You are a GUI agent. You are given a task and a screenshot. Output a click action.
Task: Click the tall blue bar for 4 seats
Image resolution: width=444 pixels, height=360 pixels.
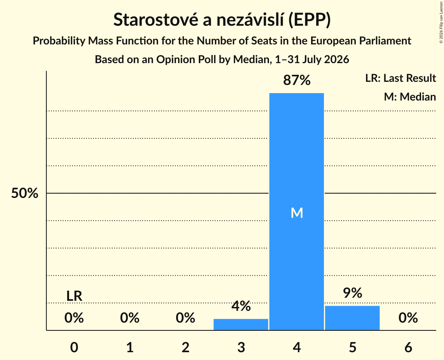point(297,212)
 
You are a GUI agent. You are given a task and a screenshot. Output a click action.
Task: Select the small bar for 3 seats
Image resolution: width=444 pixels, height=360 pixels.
point(241,325)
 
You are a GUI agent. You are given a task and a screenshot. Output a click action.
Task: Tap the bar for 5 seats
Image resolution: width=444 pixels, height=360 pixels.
point(352,318)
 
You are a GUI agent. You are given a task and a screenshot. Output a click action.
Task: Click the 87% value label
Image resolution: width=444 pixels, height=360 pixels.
point(297,80)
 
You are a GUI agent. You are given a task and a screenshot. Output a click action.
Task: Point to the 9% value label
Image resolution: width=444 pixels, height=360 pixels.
point(352,293)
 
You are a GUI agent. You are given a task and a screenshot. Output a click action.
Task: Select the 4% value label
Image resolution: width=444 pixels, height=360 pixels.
point(241,306)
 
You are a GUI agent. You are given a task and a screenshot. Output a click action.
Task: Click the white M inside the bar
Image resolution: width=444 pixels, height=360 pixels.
point(297,213)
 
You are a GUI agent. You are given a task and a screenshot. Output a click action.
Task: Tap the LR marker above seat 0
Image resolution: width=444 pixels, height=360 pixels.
point(74,296)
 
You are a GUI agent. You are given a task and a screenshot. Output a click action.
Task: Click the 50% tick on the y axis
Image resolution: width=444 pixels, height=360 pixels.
point(25,193)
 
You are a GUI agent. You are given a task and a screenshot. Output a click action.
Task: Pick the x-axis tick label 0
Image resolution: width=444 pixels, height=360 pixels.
point(74,347)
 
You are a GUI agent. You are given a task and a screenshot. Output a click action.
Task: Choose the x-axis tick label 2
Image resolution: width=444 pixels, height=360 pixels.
point(186,347)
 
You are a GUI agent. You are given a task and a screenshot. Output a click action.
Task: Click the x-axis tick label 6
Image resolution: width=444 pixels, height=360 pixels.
point(408,347)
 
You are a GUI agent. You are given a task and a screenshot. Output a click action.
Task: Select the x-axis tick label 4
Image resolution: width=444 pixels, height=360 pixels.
point(297,347)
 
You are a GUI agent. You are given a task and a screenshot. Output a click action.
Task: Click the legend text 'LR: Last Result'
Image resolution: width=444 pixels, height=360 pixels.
point(400,78)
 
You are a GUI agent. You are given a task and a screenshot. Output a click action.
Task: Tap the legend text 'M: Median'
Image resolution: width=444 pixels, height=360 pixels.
point(410,97)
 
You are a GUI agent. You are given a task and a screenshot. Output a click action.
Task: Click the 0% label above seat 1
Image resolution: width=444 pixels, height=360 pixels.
point(130,318)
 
